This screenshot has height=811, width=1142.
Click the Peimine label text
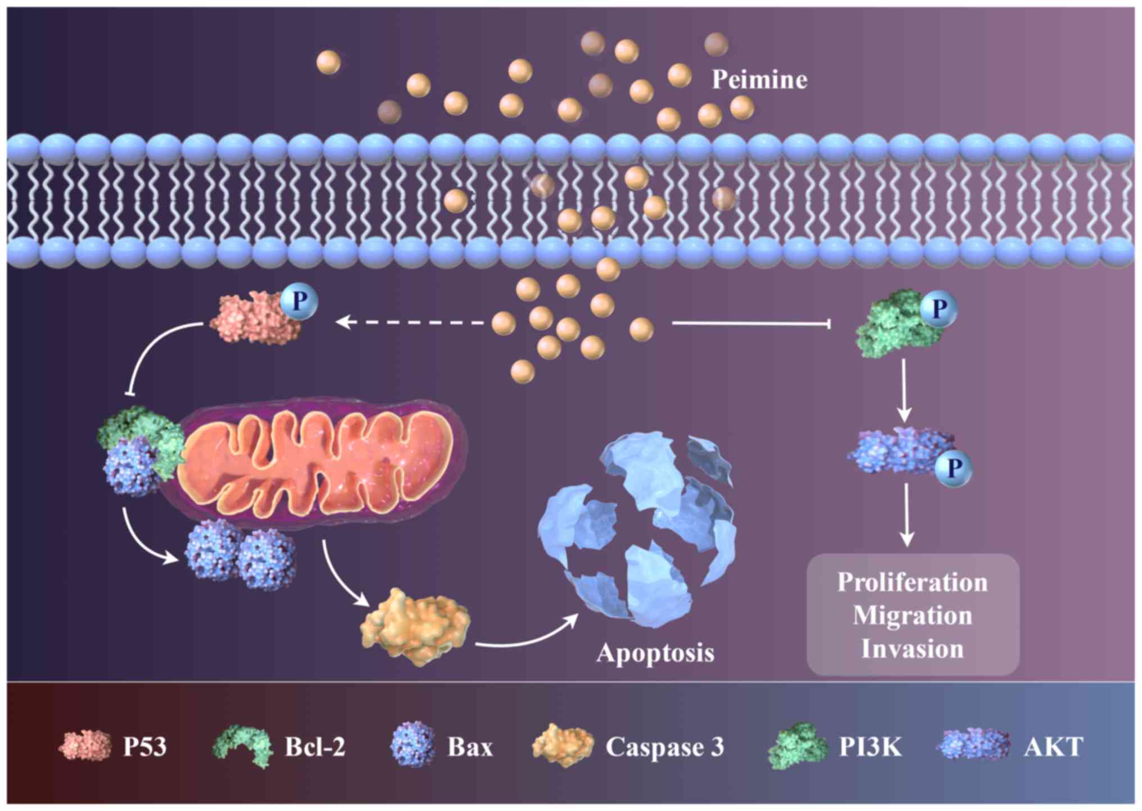pyautogui.click(x=759, y=80)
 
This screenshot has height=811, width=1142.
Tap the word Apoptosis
pyautogui.click(x=655, y=653)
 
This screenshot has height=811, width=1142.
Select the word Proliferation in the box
pyautogui.click(x=912, y=582)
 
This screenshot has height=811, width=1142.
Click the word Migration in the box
pyautogui.click(x=912, y=616)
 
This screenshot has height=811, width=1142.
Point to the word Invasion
pyautogui.click(x=912, y=649)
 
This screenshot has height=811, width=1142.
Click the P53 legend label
pyautogui.click(x=145, y=747)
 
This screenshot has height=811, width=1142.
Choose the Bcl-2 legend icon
pyautogui.click(x=242, y=746)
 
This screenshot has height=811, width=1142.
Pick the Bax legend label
pyautogui.click(x=470, y=747)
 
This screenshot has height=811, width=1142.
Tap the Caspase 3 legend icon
pyautogui.click(x=562, y=746)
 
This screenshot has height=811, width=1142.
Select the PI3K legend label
pyautogui.click(x=870, y=747)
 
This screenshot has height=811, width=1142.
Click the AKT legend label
pyautogui.click(x=1053, y=747)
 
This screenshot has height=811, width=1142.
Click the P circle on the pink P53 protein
pyautogui.click(x=300, y=302)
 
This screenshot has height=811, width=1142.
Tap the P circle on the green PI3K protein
pyautogui.click(x=938, y=308)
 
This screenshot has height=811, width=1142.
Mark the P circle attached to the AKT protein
pyautogui.click(x=953, y=468)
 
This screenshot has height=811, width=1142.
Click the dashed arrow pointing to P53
pyautogui.click(x=410, y=322)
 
